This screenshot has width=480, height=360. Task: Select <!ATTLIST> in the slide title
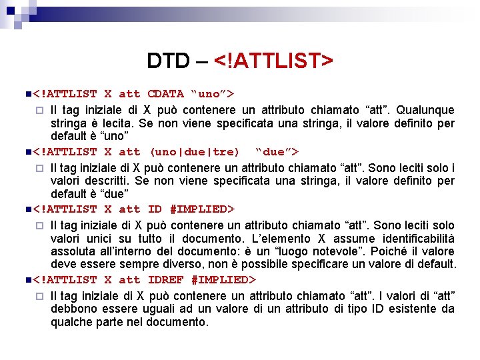click(x=273, y=61)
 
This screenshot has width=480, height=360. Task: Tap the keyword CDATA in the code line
click(x=165, y=94)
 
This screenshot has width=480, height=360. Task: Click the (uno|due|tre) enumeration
click(x=195, y=152)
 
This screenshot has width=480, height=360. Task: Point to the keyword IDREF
click(x=165, y=279)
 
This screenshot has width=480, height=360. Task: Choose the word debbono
click(x=74, y=309)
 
